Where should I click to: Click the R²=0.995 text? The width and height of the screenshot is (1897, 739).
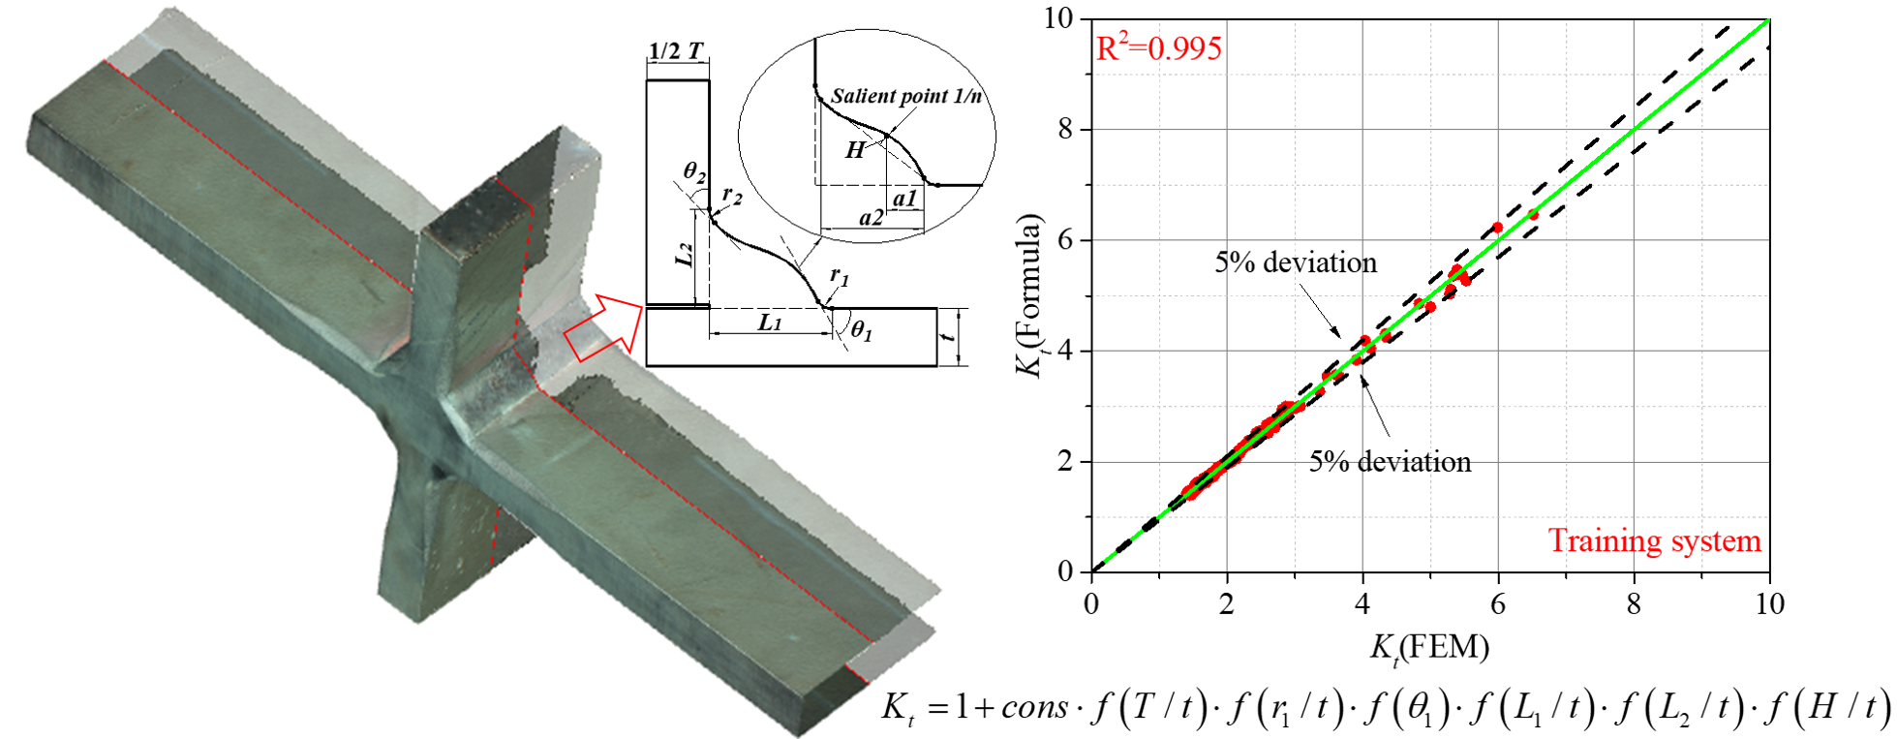[1158, 46]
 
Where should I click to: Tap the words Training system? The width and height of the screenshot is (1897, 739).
[1654, 540]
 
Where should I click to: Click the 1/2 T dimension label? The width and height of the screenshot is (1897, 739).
[675, 51]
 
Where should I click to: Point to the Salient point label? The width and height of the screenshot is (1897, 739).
[888, 96]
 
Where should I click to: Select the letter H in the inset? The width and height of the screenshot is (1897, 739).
[854, 150]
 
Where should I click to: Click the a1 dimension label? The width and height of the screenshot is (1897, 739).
[904, 199]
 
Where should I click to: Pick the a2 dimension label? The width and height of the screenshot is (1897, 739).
[872, 219]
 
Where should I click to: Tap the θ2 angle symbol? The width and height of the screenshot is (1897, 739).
[694, 172]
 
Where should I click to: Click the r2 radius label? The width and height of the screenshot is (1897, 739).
[732, 196]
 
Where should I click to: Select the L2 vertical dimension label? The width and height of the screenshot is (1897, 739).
[684, 256]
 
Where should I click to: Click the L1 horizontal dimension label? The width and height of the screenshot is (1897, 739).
[769, 323]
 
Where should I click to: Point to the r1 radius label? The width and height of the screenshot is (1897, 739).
[840, 277]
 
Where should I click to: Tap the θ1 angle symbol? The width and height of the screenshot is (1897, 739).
[861, 332]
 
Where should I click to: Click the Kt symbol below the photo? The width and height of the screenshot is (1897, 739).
[897, 707]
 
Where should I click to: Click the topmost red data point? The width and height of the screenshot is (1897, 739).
[1533, 214]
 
